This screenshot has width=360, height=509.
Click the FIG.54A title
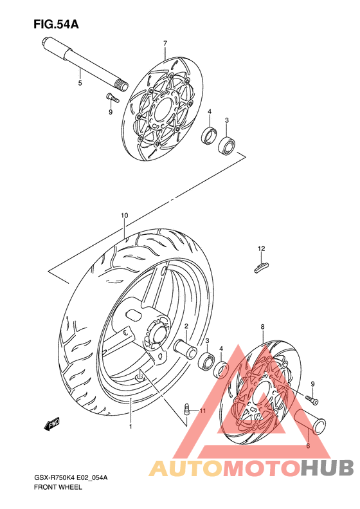[x=56, y=24]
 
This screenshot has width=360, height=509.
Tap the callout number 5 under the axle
[x=80, y=83]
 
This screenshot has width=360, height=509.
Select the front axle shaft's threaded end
[x=122, y=86]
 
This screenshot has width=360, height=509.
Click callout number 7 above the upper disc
[x=165, y=43]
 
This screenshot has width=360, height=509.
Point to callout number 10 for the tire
[x=125, y=215]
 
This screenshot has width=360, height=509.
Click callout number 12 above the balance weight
[x=262, y=248]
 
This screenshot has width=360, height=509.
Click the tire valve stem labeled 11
[x=187, y=408]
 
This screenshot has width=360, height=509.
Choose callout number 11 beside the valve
[x=203, y=411]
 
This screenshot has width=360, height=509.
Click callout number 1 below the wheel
[x=130, y=426]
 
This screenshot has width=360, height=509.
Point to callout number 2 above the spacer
[x=186, y=326]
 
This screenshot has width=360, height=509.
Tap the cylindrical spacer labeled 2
[x=185, y=348]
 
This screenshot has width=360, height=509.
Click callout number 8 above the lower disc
[x=262, y=326]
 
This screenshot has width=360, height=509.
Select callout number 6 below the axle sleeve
[x=308, y=446]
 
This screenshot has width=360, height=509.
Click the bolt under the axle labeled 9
[x=113, y=97]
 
